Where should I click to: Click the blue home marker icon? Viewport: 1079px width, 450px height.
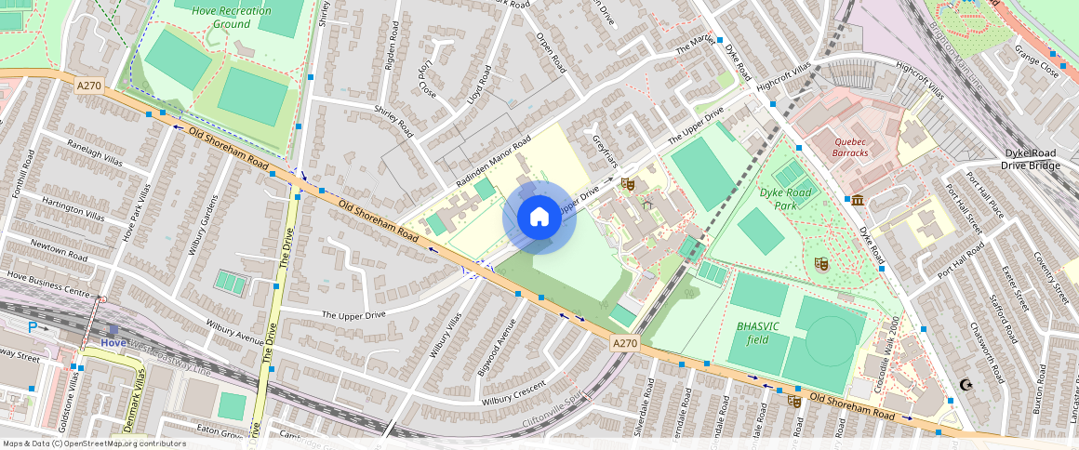(x=539, y=218)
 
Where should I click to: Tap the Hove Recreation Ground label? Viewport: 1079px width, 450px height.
(x=232, y=17)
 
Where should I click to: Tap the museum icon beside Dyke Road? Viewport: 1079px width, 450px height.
(x=856, y=200)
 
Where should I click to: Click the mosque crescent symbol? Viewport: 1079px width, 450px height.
(x=966, y=384)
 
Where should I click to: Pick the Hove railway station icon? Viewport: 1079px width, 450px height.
(x=113, y=329)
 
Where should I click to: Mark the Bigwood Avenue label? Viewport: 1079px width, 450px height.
(x=499, y=342)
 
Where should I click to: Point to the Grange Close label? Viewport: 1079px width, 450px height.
(x=1036, y=59)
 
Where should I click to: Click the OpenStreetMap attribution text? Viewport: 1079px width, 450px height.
(x=93, y=443)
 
